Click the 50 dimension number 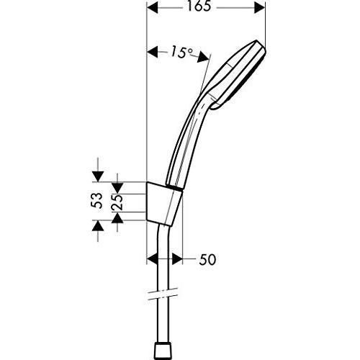207,258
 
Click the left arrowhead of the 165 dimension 151,8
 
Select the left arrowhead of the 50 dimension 151,258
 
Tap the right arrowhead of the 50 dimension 181,258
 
